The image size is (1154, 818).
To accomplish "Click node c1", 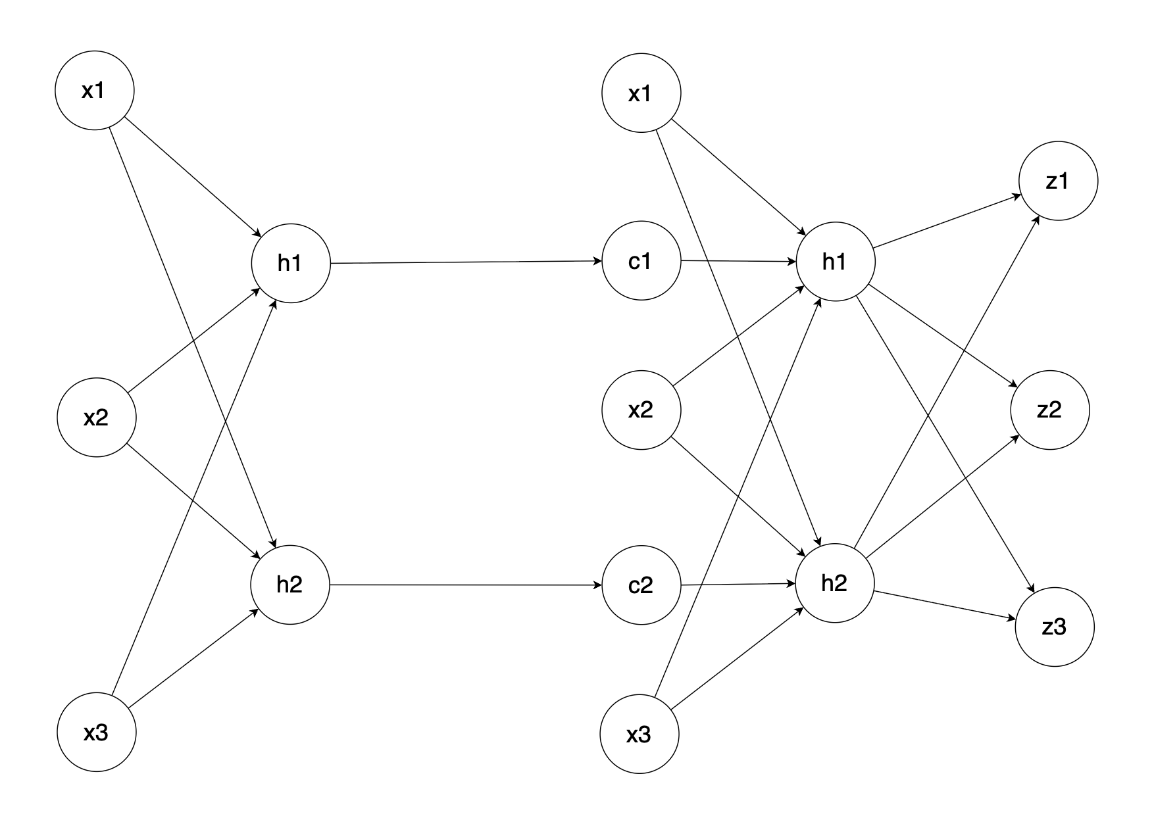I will tap(641, 261).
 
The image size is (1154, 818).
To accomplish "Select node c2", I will tap(641, 585).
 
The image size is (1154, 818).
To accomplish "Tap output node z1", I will tap(1058, 181).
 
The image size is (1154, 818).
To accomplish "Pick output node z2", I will tap(1050, 410).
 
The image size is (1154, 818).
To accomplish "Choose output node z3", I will tap(1055, 627).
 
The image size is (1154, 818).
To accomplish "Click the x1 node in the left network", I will tap(94, 91).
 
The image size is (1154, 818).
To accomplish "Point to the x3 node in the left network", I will tap(97, 733).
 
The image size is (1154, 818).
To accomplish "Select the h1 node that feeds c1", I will tap(290, 263).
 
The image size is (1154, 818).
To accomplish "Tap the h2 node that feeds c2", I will tap(289, 585).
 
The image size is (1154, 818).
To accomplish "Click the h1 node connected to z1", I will tap(835, 262).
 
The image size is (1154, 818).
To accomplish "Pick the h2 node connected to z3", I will tap(835, 584).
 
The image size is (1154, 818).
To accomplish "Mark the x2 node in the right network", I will tap(641, 410).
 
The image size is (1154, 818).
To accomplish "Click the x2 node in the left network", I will tap(97, 418).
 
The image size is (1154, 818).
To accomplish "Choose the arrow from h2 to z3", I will tap(945, 606).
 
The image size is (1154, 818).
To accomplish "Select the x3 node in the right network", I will tap(640, 734).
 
